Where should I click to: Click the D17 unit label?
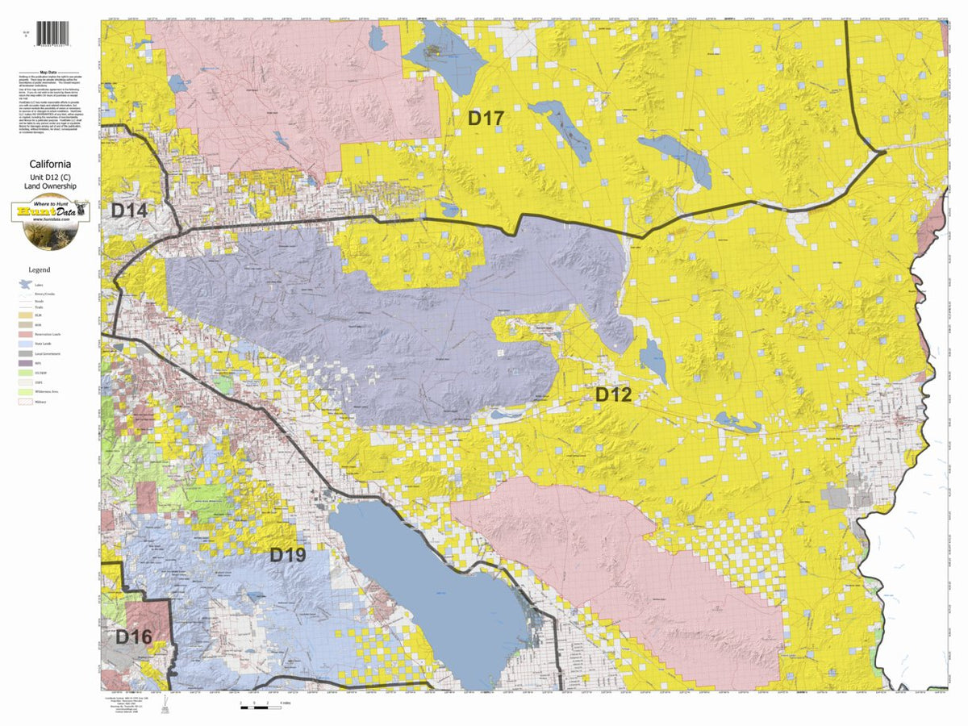tap(486, 119)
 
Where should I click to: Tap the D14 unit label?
tap(129, 211)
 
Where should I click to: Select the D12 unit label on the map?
tap(612, 394)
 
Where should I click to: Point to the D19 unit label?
tap(287, 555)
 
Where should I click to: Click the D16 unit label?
tap(133, 636)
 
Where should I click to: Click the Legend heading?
tap(40, 269)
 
